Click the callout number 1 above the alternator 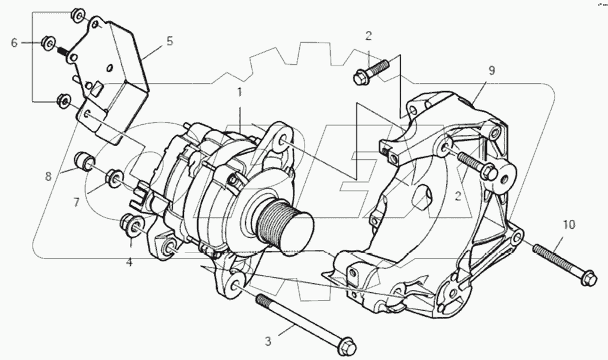[x=240, y=93]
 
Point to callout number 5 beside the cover [x=169, y=41]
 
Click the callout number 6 [x=15, y=43]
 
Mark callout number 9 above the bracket [x=492, y=71]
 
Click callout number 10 [x=569, y=225]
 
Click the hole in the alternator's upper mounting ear [x=282, y=140]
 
